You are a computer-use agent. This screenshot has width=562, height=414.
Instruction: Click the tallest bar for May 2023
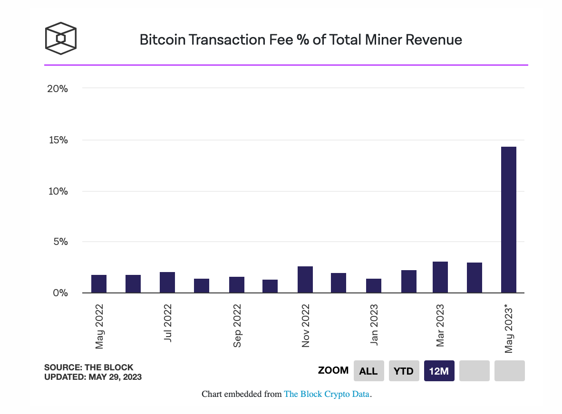(x=508, y=219)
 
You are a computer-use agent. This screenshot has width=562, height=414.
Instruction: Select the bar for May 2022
(x=99, y=284)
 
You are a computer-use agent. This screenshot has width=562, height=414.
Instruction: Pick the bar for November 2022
(x=305, y=280)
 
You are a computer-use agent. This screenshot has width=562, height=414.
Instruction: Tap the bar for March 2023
(x=440, y=277)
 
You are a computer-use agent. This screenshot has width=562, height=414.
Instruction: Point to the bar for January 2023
(x=373, y=286)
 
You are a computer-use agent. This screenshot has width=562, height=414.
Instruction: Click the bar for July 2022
(x=167, y=282)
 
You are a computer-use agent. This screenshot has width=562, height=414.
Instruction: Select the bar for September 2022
(x=236, y=285)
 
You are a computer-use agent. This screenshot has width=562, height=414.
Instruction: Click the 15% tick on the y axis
(x=58, y=140)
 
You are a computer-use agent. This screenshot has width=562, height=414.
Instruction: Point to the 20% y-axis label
(x=58, y=89)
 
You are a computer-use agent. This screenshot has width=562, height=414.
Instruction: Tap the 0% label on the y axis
(x=60, y=293)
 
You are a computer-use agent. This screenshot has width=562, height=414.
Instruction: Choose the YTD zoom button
(x=403, y=371)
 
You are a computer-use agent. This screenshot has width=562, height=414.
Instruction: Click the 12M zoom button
(x=439, y=371)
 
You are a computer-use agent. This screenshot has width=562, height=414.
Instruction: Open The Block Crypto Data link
(x=327, y=394)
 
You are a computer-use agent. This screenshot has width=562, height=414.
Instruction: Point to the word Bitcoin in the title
(x=162, y=39)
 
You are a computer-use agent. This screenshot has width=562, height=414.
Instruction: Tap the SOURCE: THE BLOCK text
(x=89, y=367)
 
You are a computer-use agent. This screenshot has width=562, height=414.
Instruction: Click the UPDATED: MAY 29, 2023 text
(x=93, y=377)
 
